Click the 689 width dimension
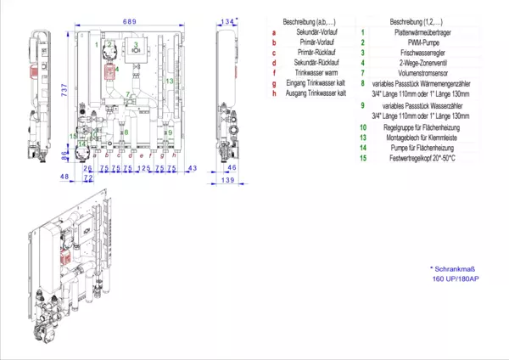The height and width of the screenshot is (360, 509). pos(129,20)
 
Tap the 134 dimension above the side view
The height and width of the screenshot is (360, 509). pos(227,20)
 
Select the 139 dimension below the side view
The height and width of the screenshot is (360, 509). pos(227,181)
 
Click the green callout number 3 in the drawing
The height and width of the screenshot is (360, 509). pos(136,43)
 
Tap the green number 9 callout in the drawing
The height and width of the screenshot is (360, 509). pos(169,132)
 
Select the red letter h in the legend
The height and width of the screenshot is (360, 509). pos(275,94)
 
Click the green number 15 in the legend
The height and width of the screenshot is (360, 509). pos(362,158)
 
